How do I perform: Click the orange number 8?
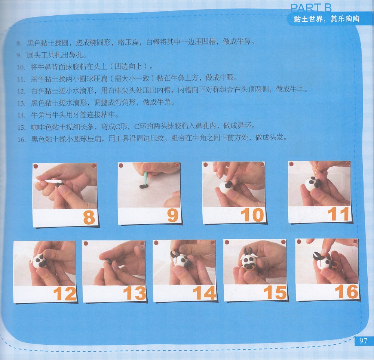89,217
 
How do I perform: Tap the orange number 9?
173,215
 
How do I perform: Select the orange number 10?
252,215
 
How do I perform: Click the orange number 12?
65,293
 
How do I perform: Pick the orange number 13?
135,293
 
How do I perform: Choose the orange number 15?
275,292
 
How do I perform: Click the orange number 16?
346,292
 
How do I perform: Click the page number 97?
363,341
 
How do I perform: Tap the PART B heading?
311,8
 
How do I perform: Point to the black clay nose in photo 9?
144,186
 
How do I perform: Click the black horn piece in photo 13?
108,261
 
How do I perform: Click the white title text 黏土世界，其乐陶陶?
327,19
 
